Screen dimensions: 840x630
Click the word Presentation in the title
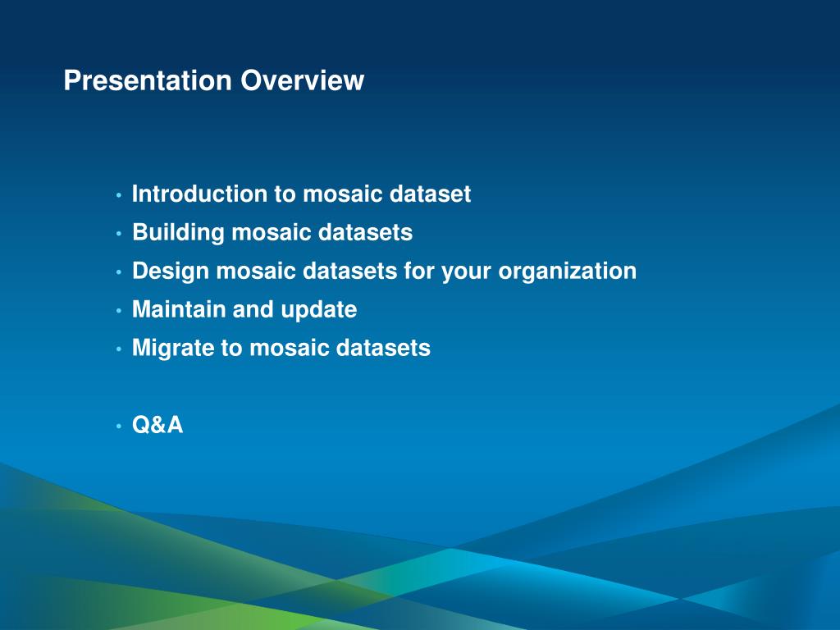(148, 80)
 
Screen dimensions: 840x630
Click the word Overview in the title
(302, 80)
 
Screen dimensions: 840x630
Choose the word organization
(568, 272)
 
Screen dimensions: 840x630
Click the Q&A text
(157, 425)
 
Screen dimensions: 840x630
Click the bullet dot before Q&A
(118, 427)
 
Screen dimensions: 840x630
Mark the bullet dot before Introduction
(118, 195)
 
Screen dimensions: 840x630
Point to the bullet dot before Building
(118, 234)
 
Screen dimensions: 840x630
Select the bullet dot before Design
(118, 272)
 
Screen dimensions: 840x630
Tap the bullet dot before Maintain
(118, 311)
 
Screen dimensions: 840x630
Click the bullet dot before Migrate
(118, 349)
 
